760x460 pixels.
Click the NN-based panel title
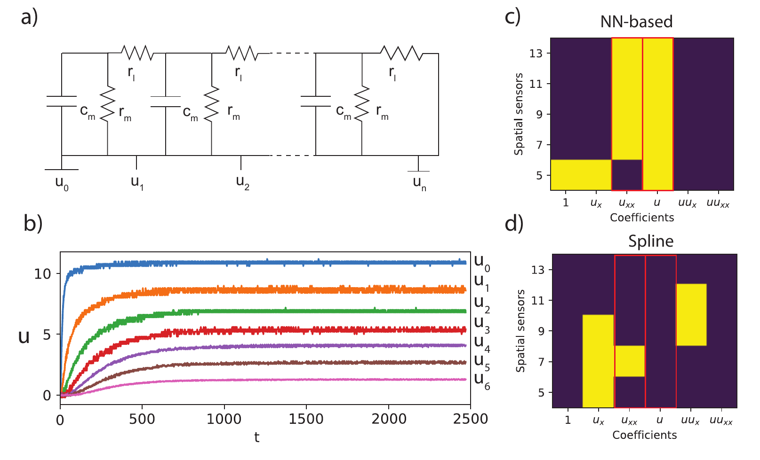coord(636,22)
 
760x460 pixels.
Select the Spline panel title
coord(651,241)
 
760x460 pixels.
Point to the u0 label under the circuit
coord(62,183)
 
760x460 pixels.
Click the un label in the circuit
coord(419,183)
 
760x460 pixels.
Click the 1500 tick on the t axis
coord(306,419)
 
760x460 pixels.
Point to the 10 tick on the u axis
coord(42,273)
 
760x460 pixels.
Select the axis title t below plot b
coord(256,437)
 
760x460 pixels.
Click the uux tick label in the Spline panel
coord(690,420)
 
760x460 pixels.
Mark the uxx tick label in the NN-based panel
coord(626,203)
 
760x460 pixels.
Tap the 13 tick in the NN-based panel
coord(536,53)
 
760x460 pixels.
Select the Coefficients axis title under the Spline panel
coord(644,435)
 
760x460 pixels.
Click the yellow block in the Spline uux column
coord(691,314)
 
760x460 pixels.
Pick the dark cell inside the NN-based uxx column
coord(627,175)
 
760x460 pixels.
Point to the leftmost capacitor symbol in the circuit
coord(62,101)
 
